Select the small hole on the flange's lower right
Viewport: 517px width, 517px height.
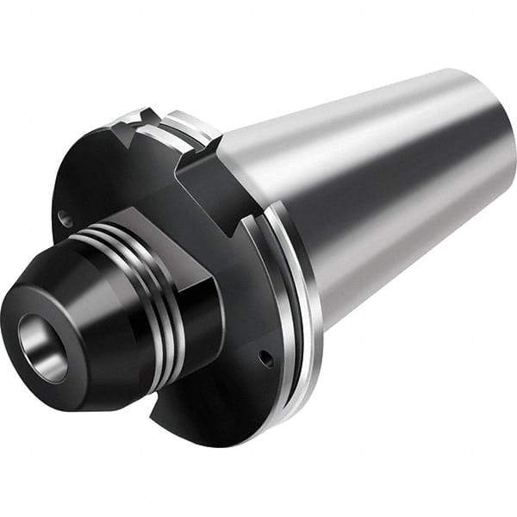266,358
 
